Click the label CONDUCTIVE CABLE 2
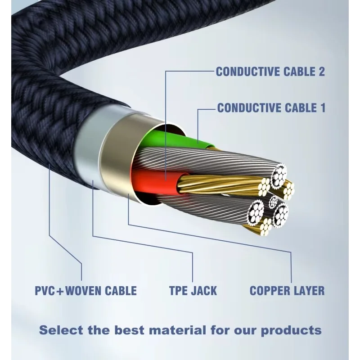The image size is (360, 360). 270,72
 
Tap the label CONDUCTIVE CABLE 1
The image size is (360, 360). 271,108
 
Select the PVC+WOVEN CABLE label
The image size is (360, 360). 85,291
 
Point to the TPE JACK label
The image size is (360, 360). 193,291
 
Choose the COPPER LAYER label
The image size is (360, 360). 287,291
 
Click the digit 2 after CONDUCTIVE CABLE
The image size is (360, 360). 321,72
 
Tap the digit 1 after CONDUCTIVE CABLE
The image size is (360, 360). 322,108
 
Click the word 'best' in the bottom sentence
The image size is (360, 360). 129,330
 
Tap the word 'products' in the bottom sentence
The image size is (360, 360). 291,331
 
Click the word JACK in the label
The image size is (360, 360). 204,291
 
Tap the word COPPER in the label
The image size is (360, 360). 266,291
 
